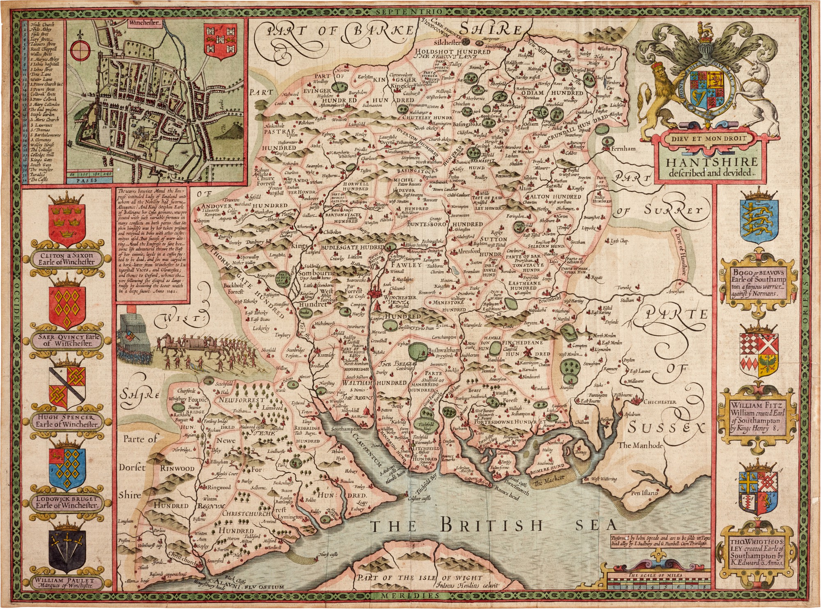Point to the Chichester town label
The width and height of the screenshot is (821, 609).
pyautogui.click(x=660, y=402)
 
